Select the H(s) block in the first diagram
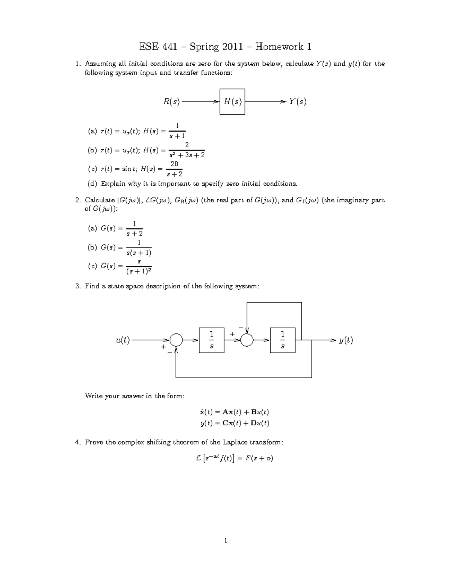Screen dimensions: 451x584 click(232, 102)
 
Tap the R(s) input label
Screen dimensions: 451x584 click(171, 102)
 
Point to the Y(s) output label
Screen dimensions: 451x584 click(298, 102)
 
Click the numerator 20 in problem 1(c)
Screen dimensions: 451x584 click(174, 164)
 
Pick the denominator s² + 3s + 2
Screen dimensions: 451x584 click(187, 155)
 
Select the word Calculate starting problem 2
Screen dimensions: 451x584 click(100, 200)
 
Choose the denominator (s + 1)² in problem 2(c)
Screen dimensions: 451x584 click(139, 271)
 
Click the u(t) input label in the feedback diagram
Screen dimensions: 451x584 click(123, 340)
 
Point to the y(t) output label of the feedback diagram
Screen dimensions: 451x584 click(346, 340)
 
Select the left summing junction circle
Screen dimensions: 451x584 click(176, 340)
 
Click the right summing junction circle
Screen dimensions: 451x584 click(247, 340)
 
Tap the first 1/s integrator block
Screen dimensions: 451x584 click(212, 340)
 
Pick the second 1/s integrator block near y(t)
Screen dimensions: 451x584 click(283, 340)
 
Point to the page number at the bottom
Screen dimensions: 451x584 click(225, 541)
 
